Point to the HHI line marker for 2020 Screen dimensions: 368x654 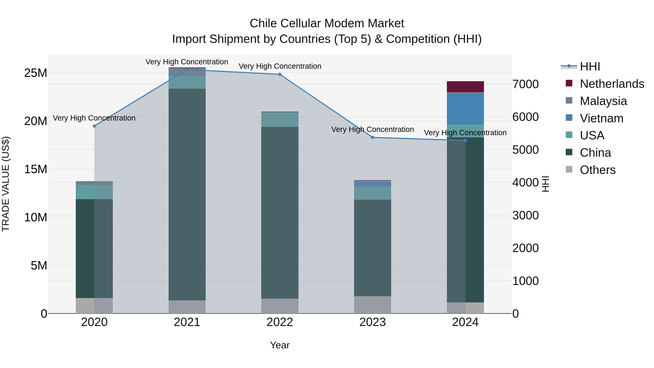coord(94,126)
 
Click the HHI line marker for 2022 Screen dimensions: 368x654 coord(280,74)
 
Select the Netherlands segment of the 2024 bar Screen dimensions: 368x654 coord(465,87)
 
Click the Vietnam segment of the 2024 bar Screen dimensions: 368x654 coord(465,109)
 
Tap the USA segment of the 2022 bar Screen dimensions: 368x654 coord(280,119)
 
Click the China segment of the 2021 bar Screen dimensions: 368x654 coord(187,194)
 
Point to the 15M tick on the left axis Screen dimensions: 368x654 coord(36,169)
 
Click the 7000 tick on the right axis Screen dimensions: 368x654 coord(525,84)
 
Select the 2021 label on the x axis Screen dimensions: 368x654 coord(187,322)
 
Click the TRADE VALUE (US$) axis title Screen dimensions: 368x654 coord(6,184)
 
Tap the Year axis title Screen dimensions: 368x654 coord(280,345)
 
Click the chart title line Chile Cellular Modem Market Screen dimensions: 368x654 coord(327,23)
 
